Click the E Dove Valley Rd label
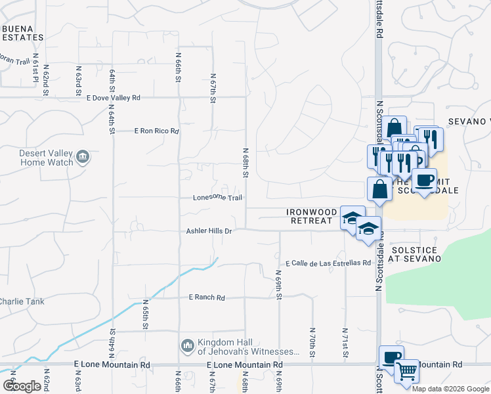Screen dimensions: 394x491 click(113, 98)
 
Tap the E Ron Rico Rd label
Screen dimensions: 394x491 click(156, 131)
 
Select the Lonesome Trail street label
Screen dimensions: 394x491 click(218, 198)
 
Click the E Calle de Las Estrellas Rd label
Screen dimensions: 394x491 click(328, 263)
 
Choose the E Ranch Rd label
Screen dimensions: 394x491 click(207, 297)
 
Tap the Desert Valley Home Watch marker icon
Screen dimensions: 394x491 click(83, 156)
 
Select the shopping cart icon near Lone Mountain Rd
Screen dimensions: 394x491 click(406, 371)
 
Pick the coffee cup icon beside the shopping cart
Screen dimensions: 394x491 click(392, 358)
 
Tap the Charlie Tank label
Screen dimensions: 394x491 click(21, 301)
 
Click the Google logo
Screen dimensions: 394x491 click(22, 386)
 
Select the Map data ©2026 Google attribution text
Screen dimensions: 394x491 click(450, 388)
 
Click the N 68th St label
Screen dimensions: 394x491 click(245, 163)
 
